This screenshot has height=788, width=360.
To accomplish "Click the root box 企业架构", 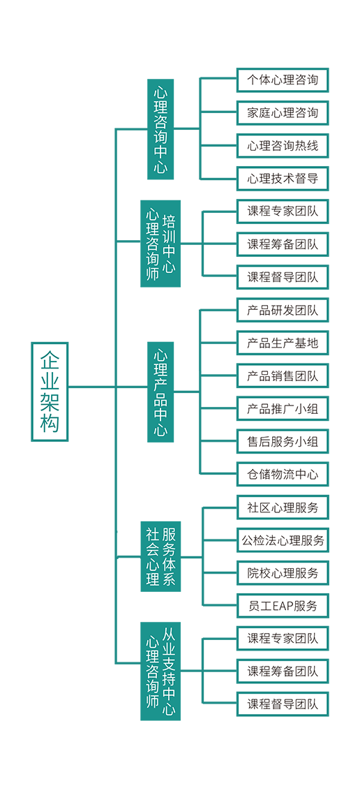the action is click(x=50, y=392).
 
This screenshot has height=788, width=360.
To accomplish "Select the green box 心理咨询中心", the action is click(x=160, y=129).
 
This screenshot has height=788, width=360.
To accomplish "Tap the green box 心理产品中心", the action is click(x=160, y=392).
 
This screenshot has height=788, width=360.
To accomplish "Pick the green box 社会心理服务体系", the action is click(x=160, y=557).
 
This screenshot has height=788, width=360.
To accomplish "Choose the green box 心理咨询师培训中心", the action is click(x=160, y=244).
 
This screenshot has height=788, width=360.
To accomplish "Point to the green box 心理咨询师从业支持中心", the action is click(x=160, y=671).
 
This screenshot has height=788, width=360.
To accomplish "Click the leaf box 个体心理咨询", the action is click(x=283, y=80).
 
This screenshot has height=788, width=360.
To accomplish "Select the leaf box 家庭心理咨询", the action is click(x=283, y=113).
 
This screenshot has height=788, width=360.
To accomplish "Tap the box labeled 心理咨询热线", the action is click(x=283, y=146).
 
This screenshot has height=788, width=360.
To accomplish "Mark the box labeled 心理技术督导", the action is click(x=283, y=179).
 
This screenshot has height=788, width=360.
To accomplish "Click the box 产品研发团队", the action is click(x=283, y=310).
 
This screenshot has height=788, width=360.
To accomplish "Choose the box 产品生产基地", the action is click(x=283, y=343).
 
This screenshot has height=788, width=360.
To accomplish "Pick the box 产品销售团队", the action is click(x=283, y=376).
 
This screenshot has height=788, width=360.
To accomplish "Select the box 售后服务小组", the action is click(x=283, y=442).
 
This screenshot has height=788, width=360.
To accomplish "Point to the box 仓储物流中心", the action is click(x=283, y=475).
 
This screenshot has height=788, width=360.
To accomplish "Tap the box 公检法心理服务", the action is click(x=283, y=540).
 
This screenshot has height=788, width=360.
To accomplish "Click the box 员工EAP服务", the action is click(x=283, y=606).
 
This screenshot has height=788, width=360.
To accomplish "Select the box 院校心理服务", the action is click(x=283, y=573).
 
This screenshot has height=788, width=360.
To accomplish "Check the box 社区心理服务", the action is click(x=283, y=507).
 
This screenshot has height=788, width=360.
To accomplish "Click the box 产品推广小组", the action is click(x=283, y=408).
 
